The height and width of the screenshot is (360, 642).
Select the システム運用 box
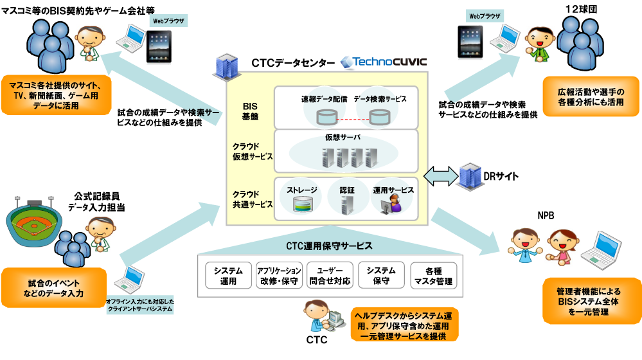228,276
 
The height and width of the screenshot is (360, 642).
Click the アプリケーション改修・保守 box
279,276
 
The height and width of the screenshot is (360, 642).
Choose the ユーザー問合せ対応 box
330,276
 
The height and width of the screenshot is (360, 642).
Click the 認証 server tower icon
348,205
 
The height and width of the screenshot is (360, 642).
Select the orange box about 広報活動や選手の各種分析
590,96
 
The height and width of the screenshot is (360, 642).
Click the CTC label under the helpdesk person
316,339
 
